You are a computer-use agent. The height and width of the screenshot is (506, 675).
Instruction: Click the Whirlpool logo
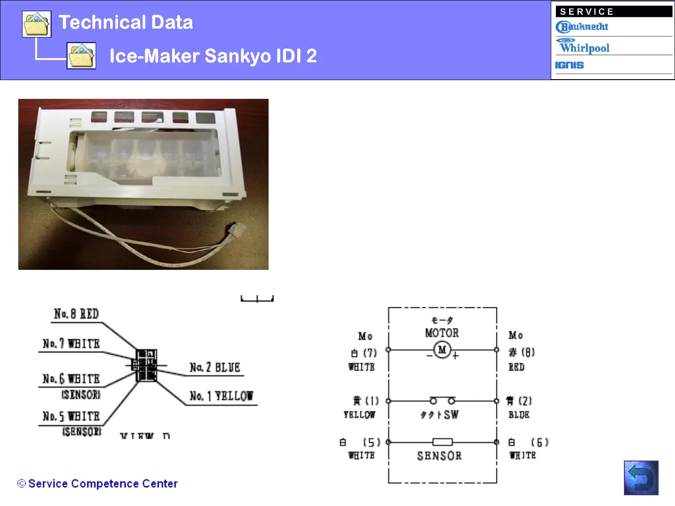pos(584,46)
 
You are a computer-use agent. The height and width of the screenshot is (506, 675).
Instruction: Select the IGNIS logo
pos(570,65)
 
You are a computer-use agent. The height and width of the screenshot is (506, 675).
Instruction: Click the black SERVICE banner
pos(614,12)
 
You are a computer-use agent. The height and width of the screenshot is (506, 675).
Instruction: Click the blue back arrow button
pos(641,478)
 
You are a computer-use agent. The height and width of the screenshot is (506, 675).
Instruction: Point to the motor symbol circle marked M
pos(442,350)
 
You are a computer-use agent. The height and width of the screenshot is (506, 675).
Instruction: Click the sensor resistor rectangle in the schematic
pos(442,442)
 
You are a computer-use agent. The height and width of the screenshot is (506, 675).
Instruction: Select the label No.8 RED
pos(76,314)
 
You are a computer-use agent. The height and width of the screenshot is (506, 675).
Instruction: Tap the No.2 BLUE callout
pos(215,368)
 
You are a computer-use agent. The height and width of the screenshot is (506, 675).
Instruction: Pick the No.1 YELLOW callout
pos(221,396)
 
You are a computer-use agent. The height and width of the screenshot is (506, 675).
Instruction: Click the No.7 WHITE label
pos(71,344)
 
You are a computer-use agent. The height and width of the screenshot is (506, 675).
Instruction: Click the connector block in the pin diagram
pos(146,365)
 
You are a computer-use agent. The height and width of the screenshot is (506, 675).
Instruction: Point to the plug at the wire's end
pos(238,230)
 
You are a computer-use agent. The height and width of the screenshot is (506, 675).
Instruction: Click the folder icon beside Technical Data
pos(37,24)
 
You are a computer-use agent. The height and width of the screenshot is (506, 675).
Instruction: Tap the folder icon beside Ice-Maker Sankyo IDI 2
pos(82,56)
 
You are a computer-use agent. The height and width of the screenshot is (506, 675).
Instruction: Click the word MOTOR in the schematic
pos(442,333)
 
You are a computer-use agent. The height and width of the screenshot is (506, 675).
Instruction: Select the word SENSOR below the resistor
pos(439,456)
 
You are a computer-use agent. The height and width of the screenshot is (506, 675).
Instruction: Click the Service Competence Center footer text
pos(103,484)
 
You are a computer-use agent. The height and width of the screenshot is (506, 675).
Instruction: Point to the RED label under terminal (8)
pos(516,367)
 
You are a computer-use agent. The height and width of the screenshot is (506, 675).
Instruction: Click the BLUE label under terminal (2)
pos(519,415)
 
